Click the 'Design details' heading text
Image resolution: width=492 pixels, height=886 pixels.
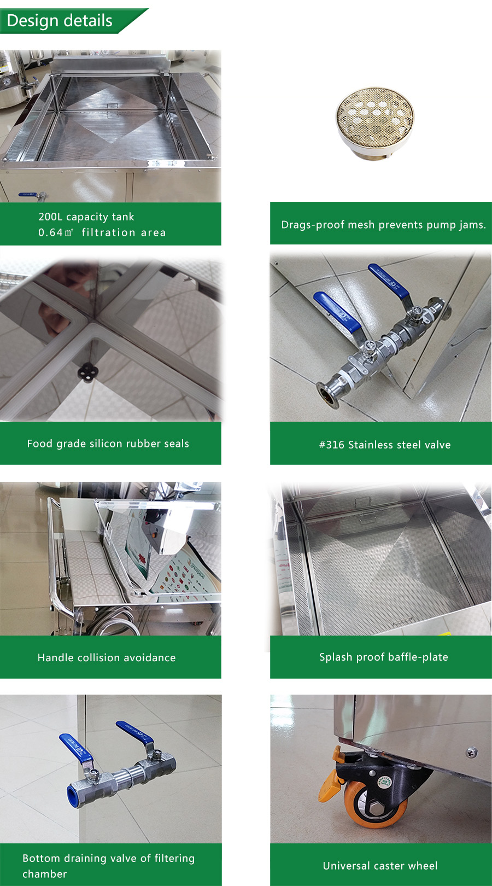60,21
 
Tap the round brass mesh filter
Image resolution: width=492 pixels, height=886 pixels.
374,123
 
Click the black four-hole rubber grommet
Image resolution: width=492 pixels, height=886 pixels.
88,373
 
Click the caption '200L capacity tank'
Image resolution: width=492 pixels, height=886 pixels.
86,217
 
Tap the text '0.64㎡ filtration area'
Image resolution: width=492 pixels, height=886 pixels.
102,232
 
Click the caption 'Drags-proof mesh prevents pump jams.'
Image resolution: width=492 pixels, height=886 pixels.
383,225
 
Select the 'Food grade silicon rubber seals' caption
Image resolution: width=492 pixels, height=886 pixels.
108,444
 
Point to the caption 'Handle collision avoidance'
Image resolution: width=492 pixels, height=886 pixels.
107,657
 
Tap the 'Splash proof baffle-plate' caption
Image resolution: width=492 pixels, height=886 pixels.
384,657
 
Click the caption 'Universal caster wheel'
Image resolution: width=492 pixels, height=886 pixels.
380,866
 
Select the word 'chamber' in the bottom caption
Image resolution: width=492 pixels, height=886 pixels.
45,874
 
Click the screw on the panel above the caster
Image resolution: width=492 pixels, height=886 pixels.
471,752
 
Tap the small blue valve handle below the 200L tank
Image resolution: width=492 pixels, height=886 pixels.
28,194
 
